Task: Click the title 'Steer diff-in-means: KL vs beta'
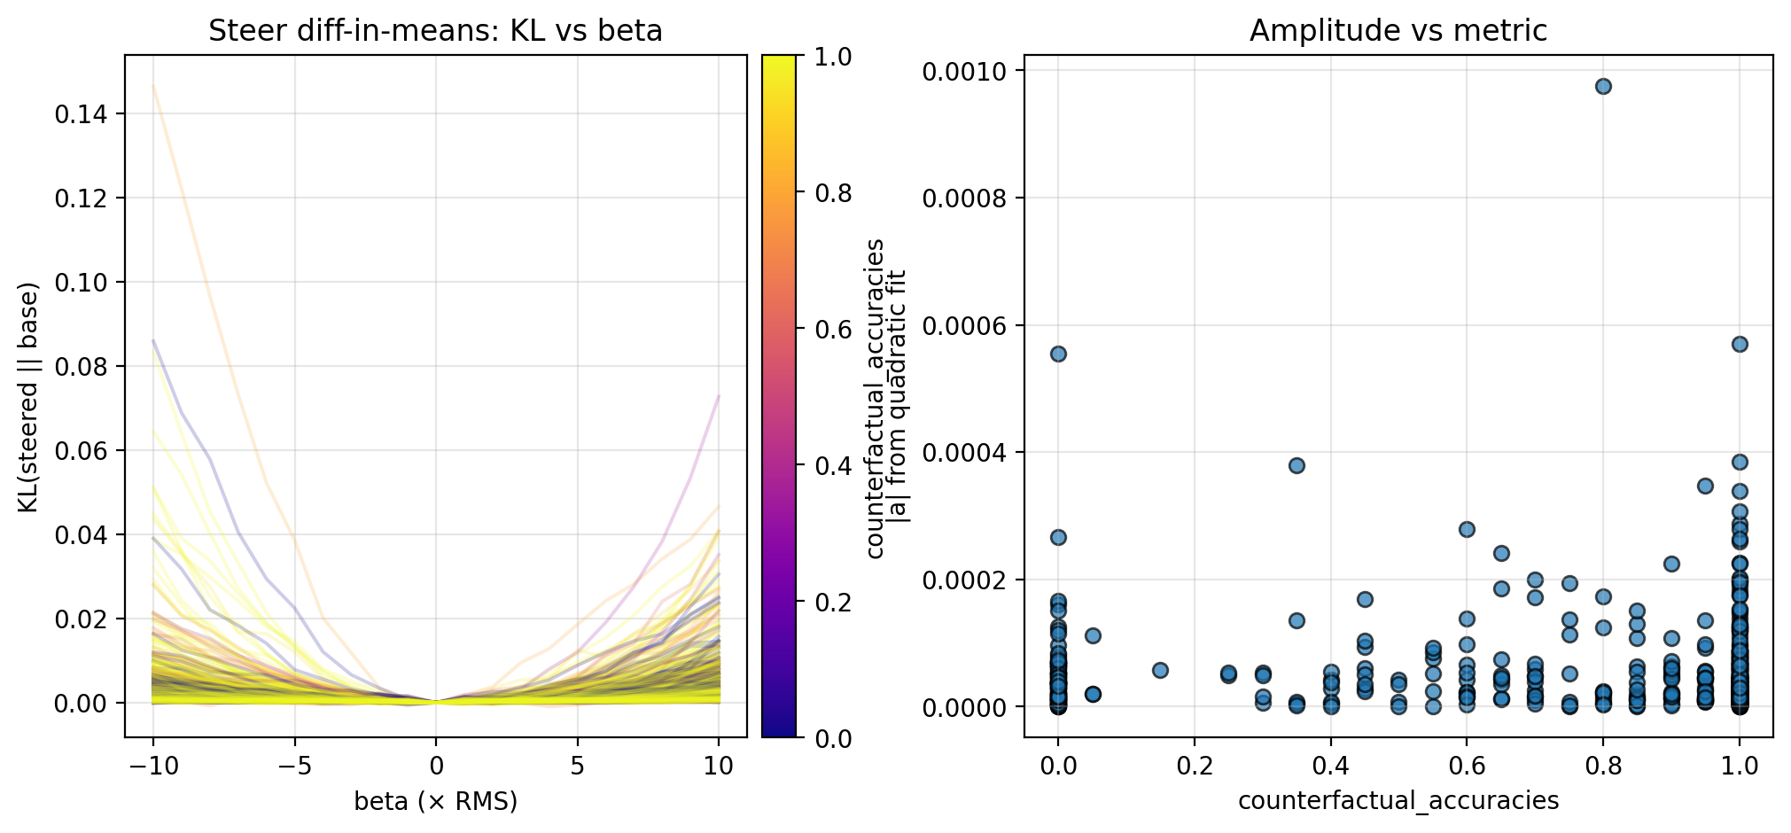click(x=435, y=31)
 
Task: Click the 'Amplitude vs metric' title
click(x=1398, y=31)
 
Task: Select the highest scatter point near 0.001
click(x=1603, y=86)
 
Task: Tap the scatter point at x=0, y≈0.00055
click(x=1058, y=354)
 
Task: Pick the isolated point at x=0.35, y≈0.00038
click(x=1297, y=465)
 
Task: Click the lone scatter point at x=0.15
click(x=1160, y=670)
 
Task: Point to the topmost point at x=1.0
click(x=1740, y=344)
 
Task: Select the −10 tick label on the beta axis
click(x=152, y=766)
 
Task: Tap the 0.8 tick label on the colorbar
click(x=833, y=193)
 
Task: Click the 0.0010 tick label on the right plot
click(x=968, y=71)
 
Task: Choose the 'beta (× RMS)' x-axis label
click(x=435, y=801)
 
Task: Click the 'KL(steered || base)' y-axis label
click(x=29, y=397)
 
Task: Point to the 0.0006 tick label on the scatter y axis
click(x=968, y=325)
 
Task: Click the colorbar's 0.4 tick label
click(x=833, y=465)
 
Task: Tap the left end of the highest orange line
click(x=153, y=86)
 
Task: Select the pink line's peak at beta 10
click(x=718, y=396)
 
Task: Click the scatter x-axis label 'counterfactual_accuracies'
click(x=1398, y=801)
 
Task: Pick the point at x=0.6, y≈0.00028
click(x=1467, y=529)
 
